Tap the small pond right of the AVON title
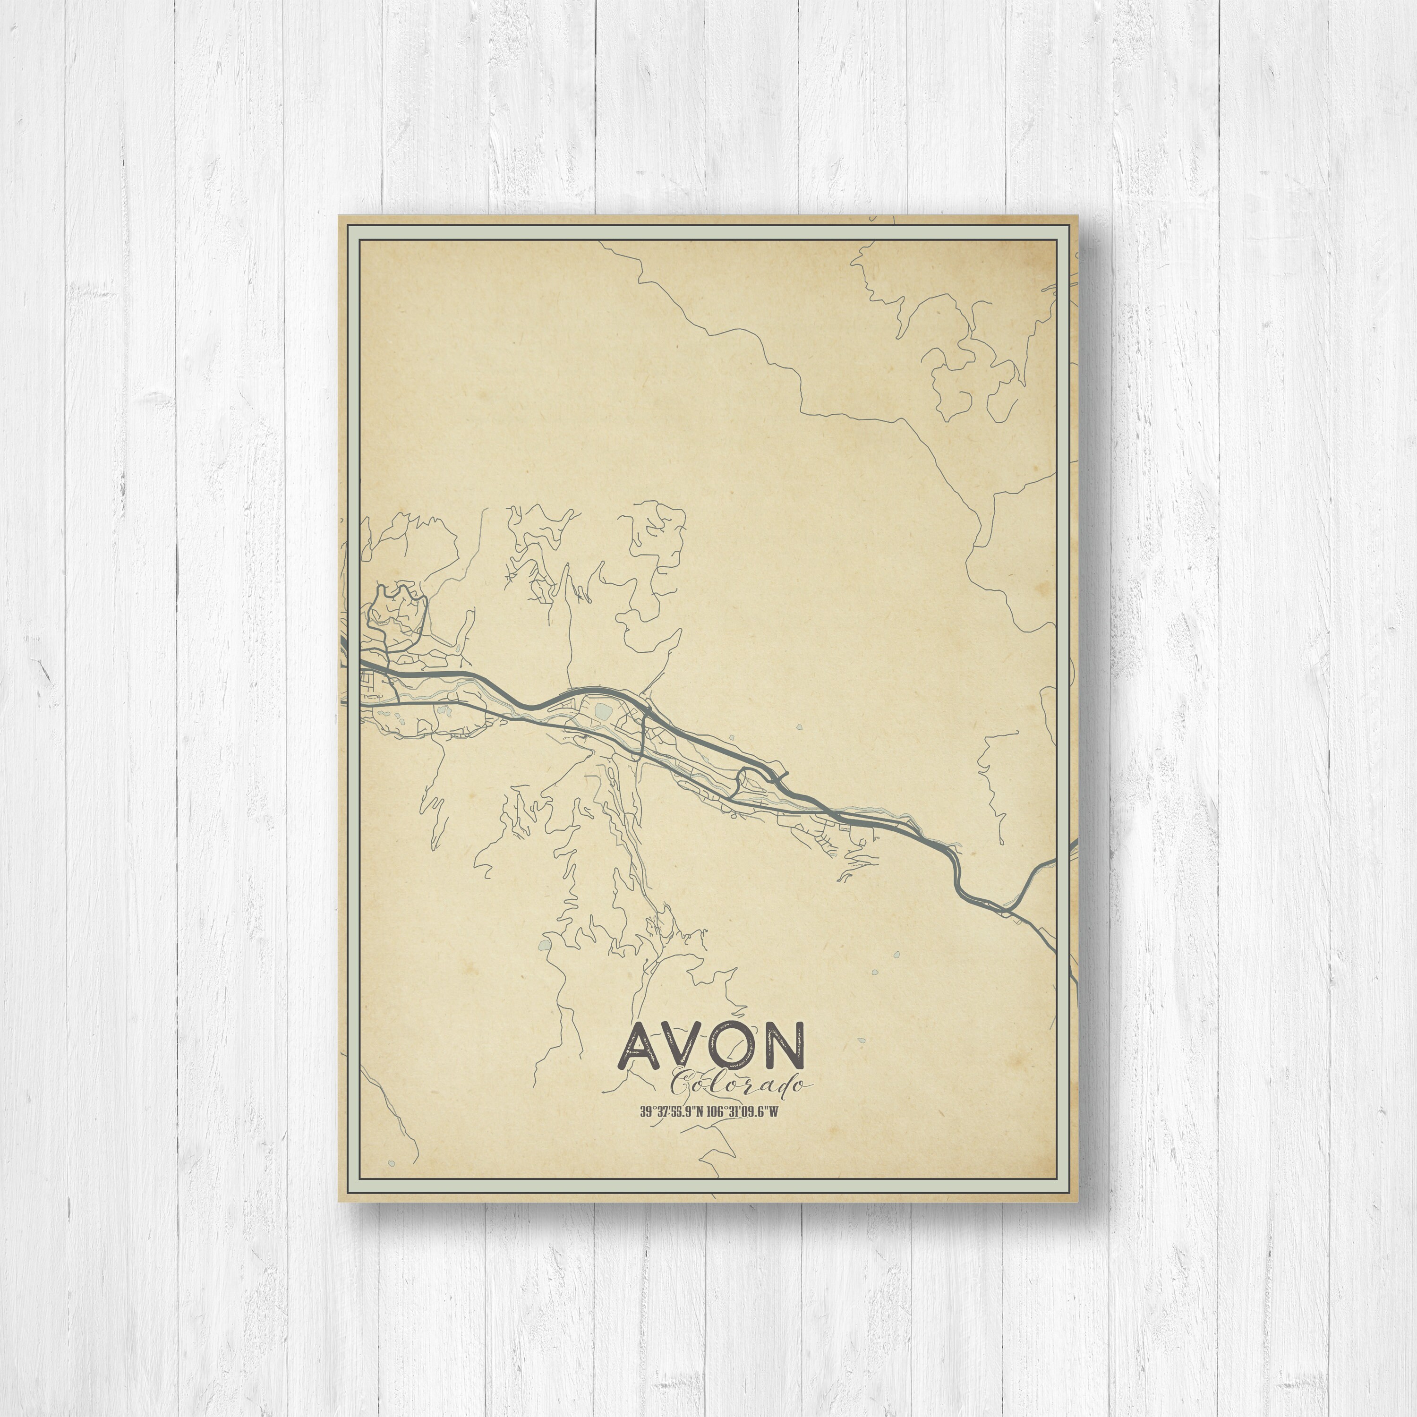click(x=864, y=1039)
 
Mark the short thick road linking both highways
click(x=643, y=734)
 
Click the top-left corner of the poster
click(x=339, y=216)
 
